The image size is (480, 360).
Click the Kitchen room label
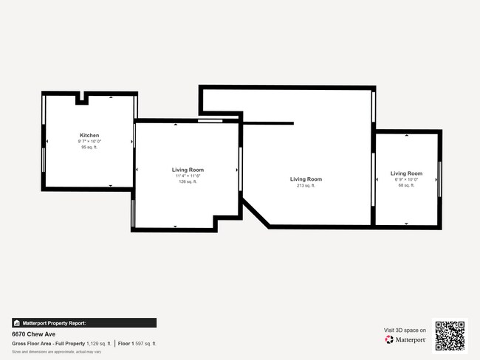89,136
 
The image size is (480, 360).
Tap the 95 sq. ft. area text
89,148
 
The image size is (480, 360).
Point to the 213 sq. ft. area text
306,186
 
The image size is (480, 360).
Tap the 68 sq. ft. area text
406,185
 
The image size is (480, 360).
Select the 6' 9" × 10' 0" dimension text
406,179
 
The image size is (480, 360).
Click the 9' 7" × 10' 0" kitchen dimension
89,142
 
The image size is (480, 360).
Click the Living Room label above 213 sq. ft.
306,179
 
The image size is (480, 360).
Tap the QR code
450,336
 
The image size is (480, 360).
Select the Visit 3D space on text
405,330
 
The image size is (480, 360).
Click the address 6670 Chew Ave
30,333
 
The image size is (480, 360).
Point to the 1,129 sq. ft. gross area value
98,344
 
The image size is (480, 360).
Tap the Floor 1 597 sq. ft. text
137,344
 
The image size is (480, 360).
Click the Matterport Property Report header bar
84,323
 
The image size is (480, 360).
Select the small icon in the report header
16,323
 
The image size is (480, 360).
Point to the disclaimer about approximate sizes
57,352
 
